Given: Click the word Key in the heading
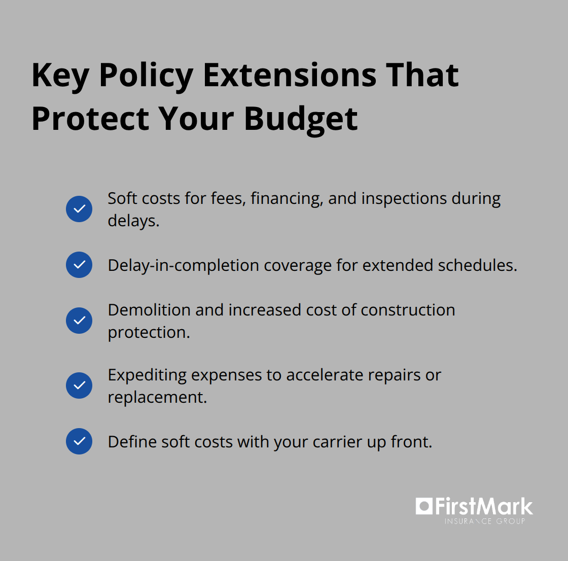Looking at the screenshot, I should [x=60, y=76].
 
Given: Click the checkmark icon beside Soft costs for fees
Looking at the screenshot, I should [x=79, y=209].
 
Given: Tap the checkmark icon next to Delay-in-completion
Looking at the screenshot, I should [x=79, y=265].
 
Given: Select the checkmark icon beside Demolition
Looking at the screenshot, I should [x=79, y=321].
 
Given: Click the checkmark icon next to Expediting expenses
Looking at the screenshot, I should [x=79, y=385].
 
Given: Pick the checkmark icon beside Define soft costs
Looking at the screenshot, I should [x=79, y=441].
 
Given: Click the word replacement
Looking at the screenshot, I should [x=157, y=397].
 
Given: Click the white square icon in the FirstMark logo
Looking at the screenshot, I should [x=424, y=506].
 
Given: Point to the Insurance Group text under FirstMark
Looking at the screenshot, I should [x=485, y=521].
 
